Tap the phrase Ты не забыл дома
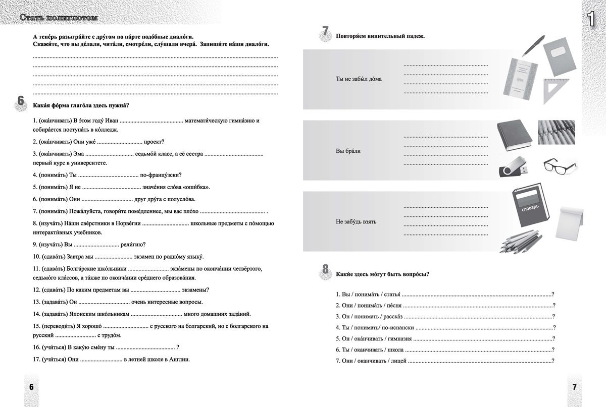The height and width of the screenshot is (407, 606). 359,79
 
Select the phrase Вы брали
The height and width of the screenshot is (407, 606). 348,151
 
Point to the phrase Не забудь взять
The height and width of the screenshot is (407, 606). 356,222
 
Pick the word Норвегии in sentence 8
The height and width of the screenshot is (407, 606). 127,223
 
